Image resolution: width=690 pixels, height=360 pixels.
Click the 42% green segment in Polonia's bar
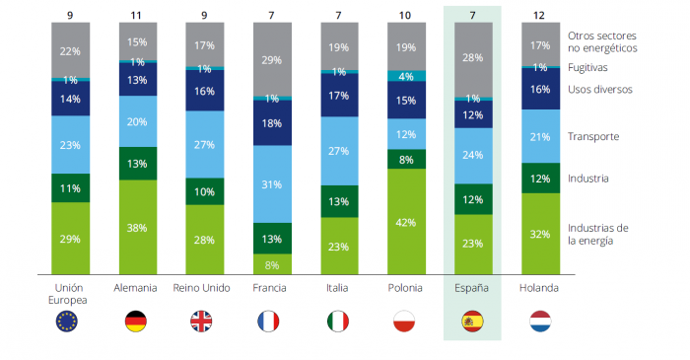pos(406,221)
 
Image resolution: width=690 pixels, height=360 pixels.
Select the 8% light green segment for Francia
pos(271,264)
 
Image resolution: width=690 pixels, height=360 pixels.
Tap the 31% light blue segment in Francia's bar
pos(271,184)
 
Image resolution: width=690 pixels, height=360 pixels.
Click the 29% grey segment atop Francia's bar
pos(271,60)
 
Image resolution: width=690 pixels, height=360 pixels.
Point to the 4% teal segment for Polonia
pos(406,76)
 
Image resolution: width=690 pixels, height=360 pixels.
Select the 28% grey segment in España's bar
pos(473,58)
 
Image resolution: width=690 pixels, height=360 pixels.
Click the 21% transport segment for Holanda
pos(540,135)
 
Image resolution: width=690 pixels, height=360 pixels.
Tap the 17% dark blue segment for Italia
pos(339,96)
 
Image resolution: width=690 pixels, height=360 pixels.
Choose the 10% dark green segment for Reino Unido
pos(204,191)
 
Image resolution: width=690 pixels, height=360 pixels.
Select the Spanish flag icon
pos(473,321)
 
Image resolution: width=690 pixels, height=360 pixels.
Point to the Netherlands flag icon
pos(540,321)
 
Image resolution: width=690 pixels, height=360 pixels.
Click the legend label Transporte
pos(593,136)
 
